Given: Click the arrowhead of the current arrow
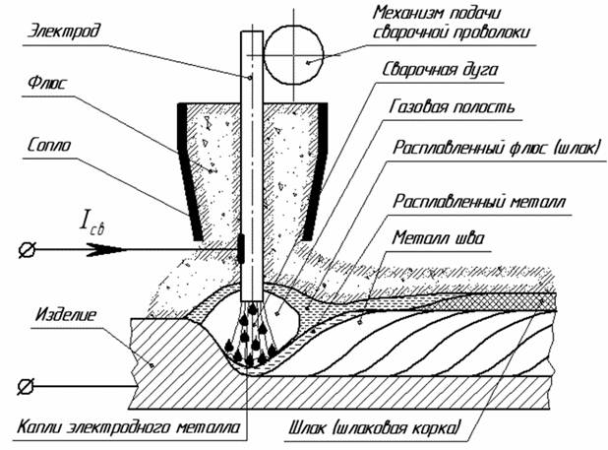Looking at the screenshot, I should coord(228,251).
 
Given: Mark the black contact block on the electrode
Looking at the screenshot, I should coord(242,248).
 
